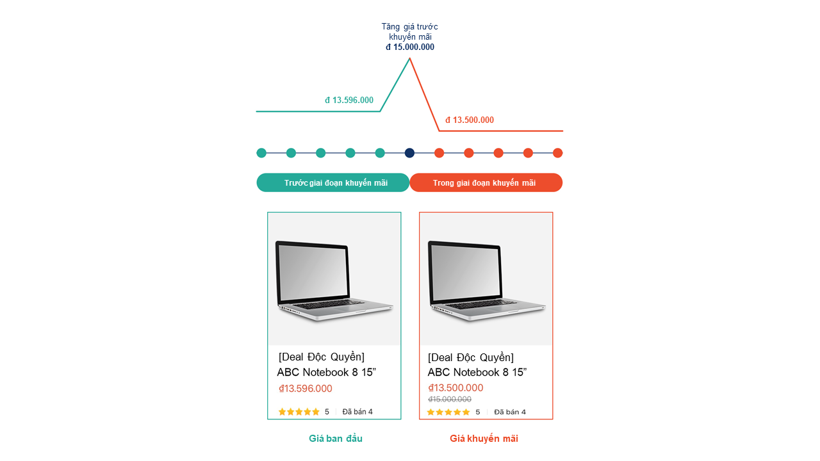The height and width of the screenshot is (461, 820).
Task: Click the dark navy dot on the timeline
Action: point(409,153)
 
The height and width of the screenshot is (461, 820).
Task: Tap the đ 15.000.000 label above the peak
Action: point(410,47)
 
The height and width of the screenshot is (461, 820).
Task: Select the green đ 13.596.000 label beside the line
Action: point(349,101)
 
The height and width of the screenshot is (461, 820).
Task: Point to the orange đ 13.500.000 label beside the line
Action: point(470,120)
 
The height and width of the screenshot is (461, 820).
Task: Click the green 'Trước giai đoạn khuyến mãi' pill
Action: point(333,183)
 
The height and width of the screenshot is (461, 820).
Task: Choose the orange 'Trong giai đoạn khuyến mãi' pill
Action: point(486,183)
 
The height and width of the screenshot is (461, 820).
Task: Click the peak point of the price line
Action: point(410,59)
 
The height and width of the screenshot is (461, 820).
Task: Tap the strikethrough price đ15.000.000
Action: point(450,400)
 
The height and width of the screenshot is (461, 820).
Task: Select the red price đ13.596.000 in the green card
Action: point(306,389)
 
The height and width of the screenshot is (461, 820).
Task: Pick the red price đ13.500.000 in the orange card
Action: point(455,388)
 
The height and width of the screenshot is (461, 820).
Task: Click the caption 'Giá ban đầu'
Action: point(336,439)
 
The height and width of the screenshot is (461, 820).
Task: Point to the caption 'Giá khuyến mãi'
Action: point(484,439)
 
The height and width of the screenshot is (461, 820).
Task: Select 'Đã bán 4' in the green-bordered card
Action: point(357,412)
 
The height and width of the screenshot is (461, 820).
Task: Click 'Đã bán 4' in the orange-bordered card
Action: point(510,412)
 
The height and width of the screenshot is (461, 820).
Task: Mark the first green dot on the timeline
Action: point(261,153)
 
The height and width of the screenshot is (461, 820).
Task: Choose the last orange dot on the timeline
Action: point(557,153)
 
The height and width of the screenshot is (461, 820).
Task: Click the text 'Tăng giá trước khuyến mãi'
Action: point(410,31)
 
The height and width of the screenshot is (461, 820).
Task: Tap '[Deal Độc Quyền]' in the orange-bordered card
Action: point(471,357)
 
